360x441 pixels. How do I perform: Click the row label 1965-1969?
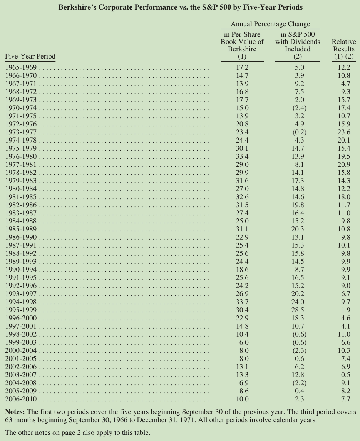[21, 67]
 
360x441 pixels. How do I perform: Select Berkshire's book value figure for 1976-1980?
[242, 156]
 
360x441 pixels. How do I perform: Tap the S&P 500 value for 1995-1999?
[298, 310]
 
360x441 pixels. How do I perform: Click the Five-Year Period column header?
[30, 56]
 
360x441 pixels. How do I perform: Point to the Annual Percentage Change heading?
[270, 24]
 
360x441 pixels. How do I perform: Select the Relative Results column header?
[344, 49]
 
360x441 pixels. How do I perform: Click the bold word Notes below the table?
[15, 412]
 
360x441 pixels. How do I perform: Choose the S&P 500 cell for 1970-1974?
[298, 108]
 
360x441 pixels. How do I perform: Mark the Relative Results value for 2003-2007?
[345, 375]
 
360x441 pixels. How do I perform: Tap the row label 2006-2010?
[21, 399]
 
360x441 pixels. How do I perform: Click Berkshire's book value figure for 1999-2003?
[244, 342]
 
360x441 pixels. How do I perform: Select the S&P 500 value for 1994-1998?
[298, 302]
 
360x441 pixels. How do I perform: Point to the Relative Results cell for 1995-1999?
[345, 310]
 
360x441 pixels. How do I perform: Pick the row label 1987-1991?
[21, 245]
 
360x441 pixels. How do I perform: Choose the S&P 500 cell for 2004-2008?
[298, 383]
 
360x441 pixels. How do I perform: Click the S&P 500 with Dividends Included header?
[298, 45]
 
